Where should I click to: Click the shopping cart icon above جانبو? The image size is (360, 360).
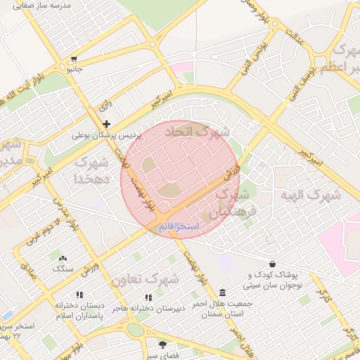pos(74,59)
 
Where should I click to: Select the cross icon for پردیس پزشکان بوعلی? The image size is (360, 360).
pos(107,124)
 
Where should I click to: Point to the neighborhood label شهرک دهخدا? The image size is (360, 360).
pos(91,170)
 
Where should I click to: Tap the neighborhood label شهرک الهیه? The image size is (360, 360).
pos(310,195)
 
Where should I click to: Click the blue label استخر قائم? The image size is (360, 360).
pos(179,226)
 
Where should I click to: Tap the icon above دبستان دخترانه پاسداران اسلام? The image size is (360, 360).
pos(79,295)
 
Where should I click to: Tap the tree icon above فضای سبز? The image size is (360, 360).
pos(163,345)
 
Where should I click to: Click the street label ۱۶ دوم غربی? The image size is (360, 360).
pos(39,236)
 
